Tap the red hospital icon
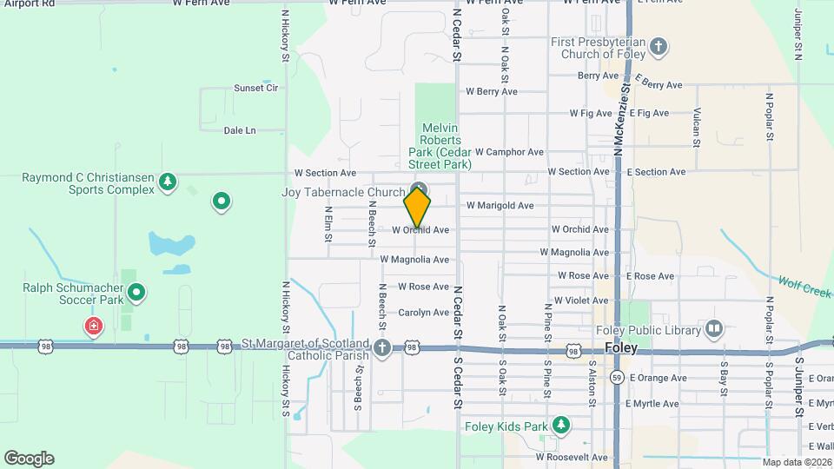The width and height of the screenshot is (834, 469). pos(93,327)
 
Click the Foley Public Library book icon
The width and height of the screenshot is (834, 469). pos(713,328)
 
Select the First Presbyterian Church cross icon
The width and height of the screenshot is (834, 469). pos(659,47)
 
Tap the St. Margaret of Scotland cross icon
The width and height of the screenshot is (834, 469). pos(382,348)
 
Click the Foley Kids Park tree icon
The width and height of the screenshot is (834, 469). pos(561,425)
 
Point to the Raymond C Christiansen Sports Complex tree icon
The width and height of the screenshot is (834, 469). pos(168,182)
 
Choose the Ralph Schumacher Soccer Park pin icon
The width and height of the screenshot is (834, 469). pos(136,292)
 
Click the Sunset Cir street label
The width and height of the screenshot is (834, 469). pos(255,88)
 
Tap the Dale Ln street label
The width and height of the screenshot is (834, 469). pos(240,130)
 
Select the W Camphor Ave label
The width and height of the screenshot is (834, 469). pos(509,152)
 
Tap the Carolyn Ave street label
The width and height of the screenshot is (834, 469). pos(423,313)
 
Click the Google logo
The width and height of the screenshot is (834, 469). pos(29,459)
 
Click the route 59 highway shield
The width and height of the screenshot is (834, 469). pos(616,378)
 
